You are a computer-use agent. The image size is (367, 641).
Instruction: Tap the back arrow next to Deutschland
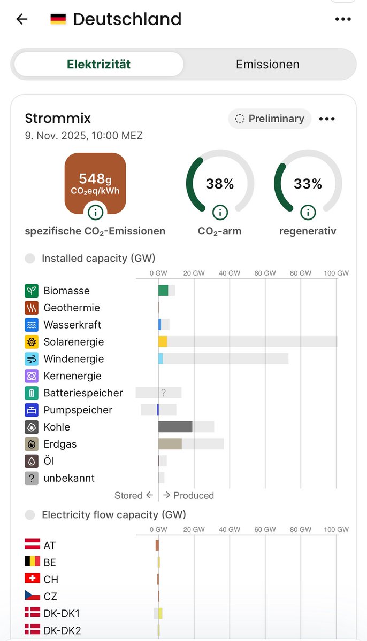21,19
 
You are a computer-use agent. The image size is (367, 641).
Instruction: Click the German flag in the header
58,19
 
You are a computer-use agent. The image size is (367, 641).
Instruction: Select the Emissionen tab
267,65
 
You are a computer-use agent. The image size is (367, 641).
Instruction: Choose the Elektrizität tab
98,65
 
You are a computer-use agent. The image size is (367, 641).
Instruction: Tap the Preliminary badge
270,119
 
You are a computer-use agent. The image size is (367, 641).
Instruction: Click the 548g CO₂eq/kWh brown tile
95,182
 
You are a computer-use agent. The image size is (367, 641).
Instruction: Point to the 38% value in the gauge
220,184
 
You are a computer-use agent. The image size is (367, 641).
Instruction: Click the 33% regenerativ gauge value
308,184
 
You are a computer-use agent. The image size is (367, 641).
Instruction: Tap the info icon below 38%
220,212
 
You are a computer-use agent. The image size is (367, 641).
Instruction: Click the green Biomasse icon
32,291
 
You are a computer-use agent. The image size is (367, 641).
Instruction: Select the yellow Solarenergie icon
32,342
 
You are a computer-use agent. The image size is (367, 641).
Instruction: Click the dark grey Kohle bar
175,427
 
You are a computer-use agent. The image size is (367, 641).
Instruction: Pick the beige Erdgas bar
170,444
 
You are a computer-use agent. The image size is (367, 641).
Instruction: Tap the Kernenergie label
72,376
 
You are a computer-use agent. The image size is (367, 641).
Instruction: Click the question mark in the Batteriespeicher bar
164,393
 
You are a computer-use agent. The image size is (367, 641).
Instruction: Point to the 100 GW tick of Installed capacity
336,273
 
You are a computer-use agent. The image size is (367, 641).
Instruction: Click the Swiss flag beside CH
32,579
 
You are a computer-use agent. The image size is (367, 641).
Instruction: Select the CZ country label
50,596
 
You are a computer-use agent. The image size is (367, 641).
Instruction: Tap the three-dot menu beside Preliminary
327,119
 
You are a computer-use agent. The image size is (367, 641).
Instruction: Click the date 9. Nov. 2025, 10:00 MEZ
83,136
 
